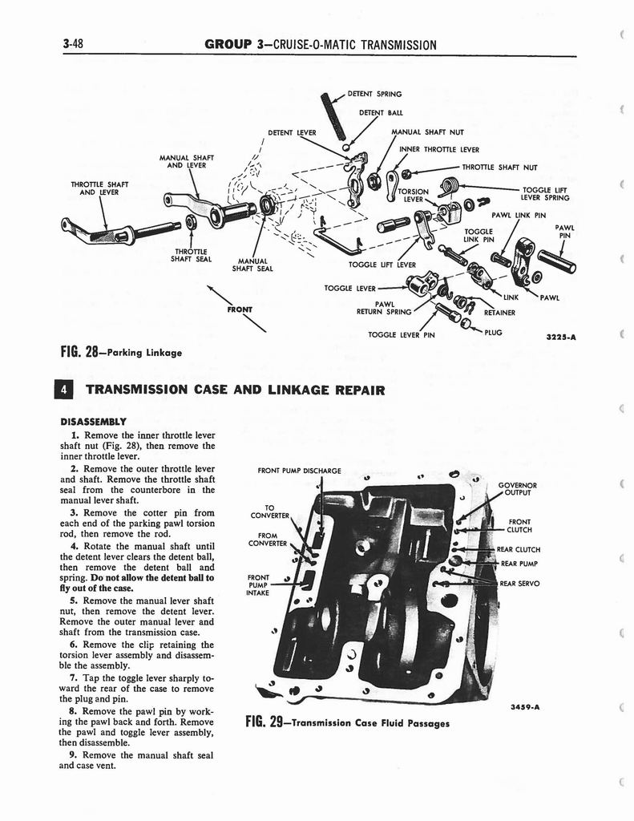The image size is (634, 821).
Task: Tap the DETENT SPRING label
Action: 374,95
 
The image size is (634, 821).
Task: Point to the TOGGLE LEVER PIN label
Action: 401,335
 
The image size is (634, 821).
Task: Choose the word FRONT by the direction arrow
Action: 239,308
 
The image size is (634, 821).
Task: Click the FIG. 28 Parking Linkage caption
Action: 121,351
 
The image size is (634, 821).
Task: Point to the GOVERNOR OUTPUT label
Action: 517,488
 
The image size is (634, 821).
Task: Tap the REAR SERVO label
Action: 519,583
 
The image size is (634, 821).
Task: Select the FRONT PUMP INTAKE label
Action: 257,584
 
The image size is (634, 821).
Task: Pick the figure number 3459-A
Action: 526,706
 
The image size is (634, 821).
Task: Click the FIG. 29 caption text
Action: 346,722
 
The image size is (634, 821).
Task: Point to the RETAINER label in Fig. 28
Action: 499,313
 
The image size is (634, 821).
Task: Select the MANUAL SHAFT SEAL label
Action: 252,264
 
